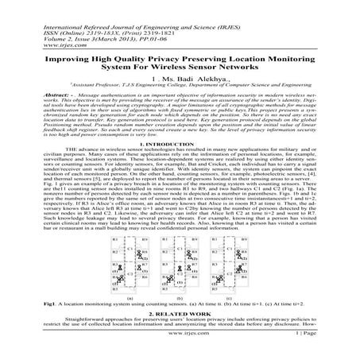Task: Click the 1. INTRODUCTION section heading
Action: point(180,144)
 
